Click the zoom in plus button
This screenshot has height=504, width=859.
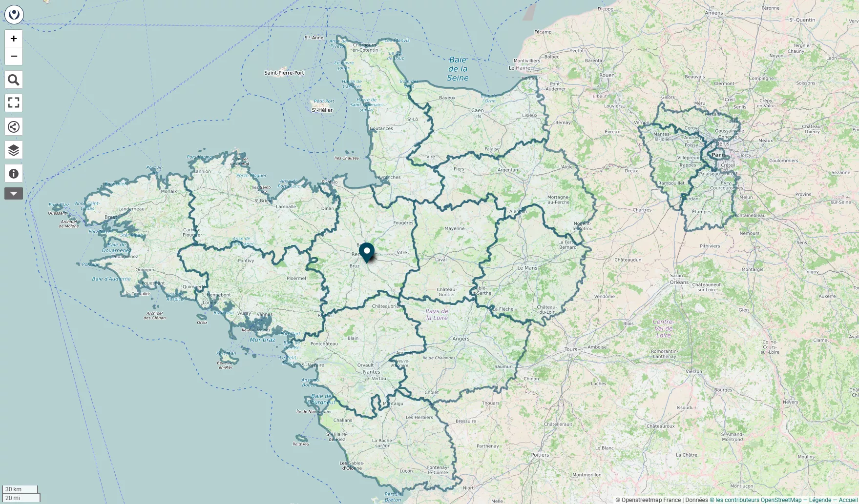pyautogui.click(x=14, y=39)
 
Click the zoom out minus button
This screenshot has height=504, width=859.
pyautogui.click(x=14, y=56)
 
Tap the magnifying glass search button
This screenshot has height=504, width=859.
pyautogui.click(x=14, y=80)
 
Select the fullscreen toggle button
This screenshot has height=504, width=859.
pyautogui.click(x=14, y=103)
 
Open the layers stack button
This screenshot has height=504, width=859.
pyautogui.click(x=14, y=150)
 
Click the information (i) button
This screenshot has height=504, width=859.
pyautogui.click(x=14, y=173)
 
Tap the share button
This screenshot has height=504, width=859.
pyautogui.click(x=14, y=126)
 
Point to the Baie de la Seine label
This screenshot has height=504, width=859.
pyautogui.click(x=458, y=69)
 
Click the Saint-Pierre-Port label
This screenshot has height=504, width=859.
pyautogui.click(x=284, y=73)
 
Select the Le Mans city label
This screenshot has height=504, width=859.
pyautogui.click(x=527, y=268)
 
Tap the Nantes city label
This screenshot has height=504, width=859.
pyautogui.click(x=372, y=372)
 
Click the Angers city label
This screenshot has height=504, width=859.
pyautogui.click(x=461, y=339)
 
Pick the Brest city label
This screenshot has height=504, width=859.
pyautogui.click(x=111, y=217)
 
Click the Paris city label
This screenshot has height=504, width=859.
pyautogui.click(x=718, y=155)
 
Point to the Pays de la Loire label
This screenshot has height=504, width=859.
pyautogui.click(x=437, y=314)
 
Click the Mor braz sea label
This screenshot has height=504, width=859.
pyautogui.click(x=263, y=340)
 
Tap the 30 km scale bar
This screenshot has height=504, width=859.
pyautogui.click(x=20, y=489)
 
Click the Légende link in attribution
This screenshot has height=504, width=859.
pyautogui.click(x=820, y=500)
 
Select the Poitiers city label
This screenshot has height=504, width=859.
pyautogui.click(x=540, y=455)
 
